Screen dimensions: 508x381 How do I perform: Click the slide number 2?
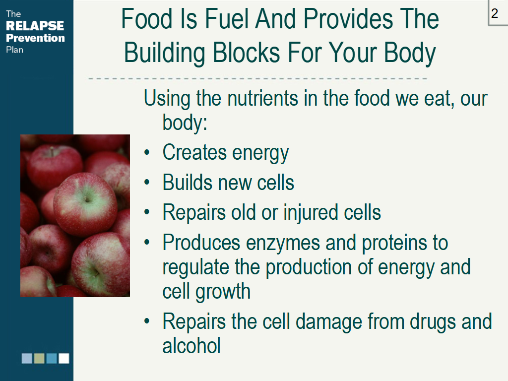click(495, 13)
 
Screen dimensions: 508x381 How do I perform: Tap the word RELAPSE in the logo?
click(35, 26)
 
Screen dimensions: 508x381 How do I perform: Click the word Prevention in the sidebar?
click(35, 38)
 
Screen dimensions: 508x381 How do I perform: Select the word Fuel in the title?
click(227, 19)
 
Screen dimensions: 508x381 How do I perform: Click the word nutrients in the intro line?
click(263, 98)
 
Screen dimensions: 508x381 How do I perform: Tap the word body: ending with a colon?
click(185, 123)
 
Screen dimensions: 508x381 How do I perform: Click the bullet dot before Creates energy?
click(147, 152)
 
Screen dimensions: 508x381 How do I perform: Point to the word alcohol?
click(191, 345)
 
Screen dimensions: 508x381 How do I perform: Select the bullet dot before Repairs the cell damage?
click(147, 321)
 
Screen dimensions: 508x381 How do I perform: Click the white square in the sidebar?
click(64, 358)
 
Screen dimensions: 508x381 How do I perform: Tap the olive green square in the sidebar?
click(39, 358)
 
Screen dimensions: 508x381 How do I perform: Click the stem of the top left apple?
click(51, 151)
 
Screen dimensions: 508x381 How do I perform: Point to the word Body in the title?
click(410, 53)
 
